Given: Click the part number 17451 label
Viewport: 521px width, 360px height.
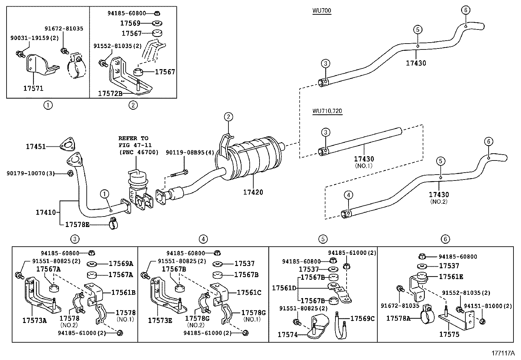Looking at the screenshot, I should pos(36,147).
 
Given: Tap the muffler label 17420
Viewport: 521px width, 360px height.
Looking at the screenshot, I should pos(253,192).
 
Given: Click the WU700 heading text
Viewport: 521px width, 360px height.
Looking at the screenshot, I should pos(321,11).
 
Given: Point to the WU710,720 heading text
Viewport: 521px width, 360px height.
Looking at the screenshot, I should pos(327,111).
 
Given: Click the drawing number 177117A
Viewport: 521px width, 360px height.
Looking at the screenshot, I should pos(503,353).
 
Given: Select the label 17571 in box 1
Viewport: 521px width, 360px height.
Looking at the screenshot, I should pos(33,88).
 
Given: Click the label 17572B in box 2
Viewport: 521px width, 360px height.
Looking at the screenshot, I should pos(110,94).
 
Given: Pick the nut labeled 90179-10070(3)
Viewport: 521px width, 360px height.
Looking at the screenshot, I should pos(70,173).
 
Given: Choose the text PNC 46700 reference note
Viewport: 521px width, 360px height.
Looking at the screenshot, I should pos(138,152).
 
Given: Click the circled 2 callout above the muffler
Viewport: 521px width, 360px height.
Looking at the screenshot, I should pos(228,117).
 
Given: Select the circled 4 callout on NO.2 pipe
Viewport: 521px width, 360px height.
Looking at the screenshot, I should pos(349,195).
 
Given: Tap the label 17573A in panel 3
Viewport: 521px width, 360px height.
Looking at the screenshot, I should pos(34,320).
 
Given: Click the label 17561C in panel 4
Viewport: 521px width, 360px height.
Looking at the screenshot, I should pos(249,293).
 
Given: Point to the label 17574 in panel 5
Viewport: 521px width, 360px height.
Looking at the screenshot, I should pos(287,334).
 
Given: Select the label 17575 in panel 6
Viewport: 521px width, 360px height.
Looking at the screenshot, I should pos(449,334).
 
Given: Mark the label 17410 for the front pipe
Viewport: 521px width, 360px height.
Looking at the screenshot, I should pos(46,213).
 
